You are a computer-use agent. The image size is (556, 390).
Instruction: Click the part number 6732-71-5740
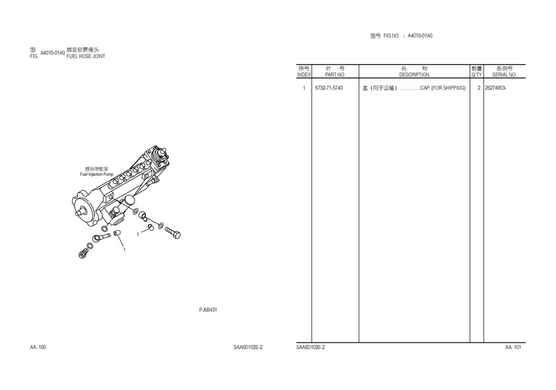tap(329, 88)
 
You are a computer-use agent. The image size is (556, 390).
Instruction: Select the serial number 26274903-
tap(495, 88)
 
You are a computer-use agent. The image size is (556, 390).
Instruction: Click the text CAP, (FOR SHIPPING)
tap(443, 88)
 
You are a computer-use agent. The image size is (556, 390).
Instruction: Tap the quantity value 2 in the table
tap(479, 88)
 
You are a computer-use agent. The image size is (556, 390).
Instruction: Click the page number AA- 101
tap(513, 347)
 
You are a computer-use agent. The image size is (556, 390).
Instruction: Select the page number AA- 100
tap(38, 347)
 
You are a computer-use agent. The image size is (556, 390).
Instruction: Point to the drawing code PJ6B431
tap(208, 309)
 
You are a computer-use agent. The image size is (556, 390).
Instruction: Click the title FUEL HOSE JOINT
tap(86, 56)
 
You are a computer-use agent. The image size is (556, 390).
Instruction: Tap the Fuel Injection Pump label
tap(97, 175)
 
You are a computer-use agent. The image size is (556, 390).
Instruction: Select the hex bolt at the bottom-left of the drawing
tap(83, 252)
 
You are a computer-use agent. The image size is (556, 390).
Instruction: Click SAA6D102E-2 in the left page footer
tap(248, 347)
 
